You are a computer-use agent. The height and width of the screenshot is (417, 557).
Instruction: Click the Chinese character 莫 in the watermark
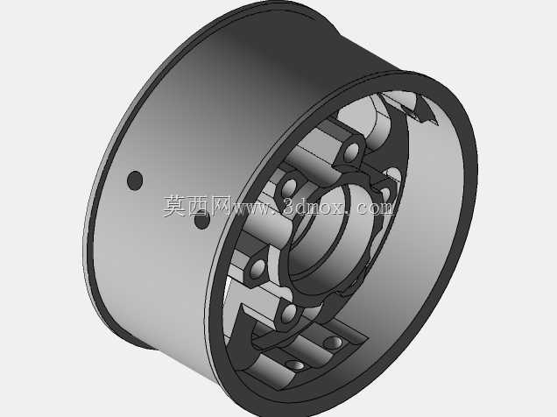pyautogui.click(x=175, y=207)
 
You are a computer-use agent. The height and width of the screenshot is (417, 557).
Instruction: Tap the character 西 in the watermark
pyautogui.click(x=197, y=207)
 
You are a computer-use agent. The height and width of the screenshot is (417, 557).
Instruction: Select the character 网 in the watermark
pyautogui.click(x=220, y=207)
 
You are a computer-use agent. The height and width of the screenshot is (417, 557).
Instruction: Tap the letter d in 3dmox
pyautogui.click(x=303, y=207)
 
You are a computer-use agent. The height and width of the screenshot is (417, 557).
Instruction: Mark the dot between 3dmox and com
pyautogui.click(x=349, y=213)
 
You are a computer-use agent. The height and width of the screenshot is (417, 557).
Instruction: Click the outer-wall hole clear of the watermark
pyautogui.click(x=135, y=180)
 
